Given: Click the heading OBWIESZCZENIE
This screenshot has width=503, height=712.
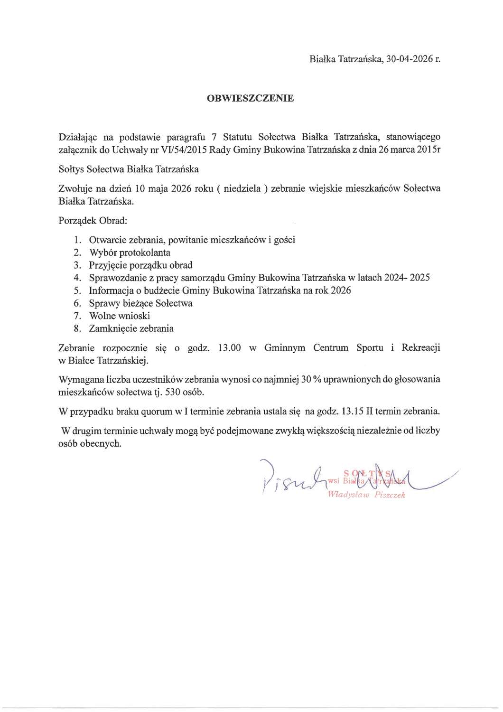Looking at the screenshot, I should (x=250, y=98).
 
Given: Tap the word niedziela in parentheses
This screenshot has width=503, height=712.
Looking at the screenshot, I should (x=242, y=188).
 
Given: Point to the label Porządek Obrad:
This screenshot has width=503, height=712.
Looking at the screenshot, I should (x=93, y=221).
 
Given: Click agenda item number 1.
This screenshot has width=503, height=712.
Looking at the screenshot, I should (x=77, y=240).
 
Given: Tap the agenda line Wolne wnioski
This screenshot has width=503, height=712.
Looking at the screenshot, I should (x=120, y=316).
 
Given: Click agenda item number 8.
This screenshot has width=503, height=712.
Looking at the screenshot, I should (x=77, y=328).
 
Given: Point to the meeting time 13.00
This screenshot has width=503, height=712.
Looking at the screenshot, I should (x=229, y=348).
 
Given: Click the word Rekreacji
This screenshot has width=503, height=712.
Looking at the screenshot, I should (x=420, y=348).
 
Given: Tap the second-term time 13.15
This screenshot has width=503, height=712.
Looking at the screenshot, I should (x=353, y=412).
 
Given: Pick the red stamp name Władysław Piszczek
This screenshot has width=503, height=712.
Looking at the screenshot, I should (x=366, y=495).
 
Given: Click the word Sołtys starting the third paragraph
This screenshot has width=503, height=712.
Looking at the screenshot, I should (x=72, y=169).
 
